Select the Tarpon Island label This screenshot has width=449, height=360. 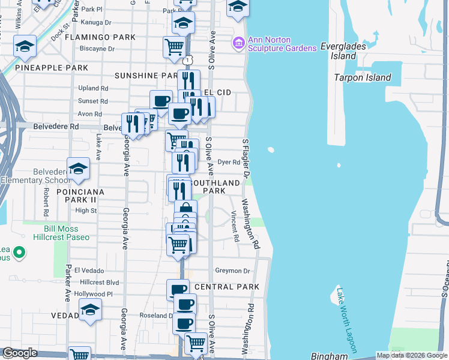363,77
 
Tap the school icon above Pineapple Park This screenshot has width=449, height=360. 25,46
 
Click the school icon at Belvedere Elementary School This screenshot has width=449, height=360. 78,169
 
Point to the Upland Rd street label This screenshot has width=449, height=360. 92,88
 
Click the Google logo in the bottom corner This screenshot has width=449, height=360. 20,353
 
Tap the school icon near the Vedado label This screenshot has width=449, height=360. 90,310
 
